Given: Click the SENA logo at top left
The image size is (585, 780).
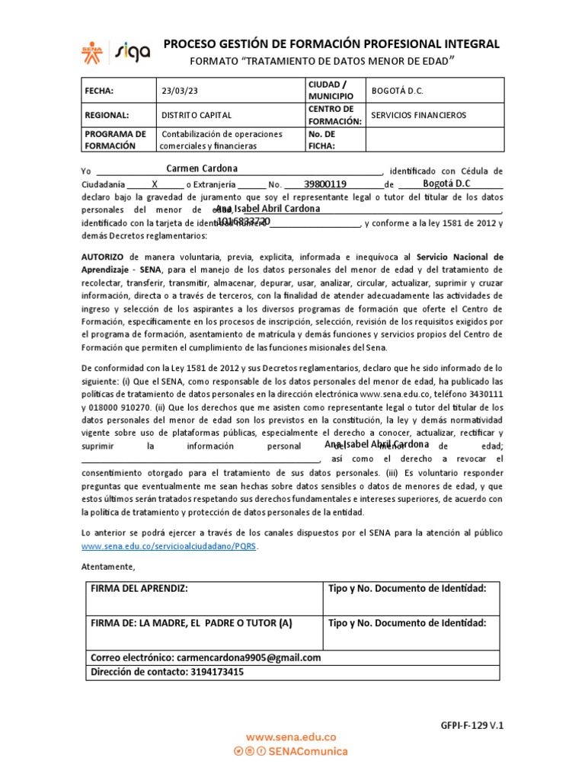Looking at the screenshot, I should [94, 50].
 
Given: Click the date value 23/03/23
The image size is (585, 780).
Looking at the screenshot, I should [179, 91].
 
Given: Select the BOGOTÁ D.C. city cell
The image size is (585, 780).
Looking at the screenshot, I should [396, 91].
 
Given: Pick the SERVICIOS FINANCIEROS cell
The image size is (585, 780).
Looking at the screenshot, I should [418, 115].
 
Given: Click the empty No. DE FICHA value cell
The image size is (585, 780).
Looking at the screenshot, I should [434, 139].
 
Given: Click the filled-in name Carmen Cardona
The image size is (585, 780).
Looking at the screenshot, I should [202, 168].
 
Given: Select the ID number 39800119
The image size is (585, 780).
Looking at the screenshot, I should [325, 184].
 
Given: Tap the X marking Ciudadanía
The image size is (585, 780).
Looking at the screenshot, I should [155, 184].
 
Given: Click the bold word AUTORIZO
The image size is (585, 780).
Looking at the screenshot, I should [103, 257].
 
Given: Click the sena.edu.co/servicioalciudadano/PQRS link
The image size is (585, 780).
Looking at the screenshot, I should [169, 547].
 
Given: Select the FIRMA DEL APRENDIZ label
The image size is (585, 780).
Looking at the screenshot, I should [139, 589].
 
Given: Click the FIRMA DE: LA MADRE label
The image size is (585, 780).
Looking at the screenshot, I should [190, 622].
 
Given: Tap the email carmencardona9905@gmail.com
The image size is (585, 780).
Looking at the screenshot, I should [248, 657].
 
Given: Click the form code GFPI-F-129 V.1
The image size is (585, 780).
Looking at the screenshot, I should [472, 725].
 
